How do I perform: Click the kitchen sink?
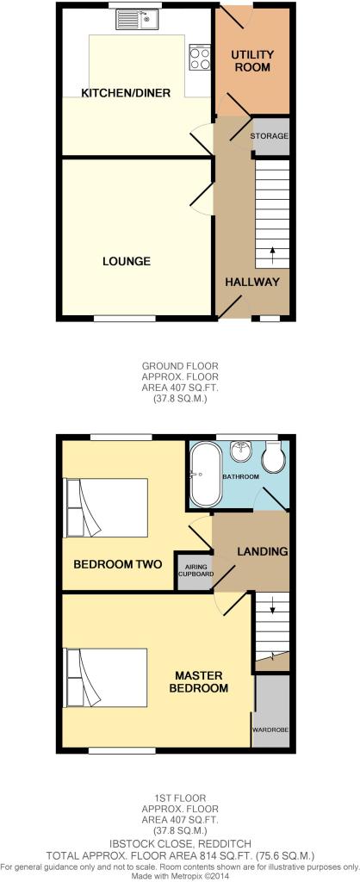[x=139, y=21]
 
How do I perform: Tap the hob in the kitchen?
[x=199, y=58]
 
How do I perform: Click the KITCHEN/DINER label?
[x=126, y=93]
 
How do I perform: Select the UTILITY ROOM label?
[x=252, y=61]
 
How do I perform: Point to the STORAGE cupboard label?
[x=270, y=136]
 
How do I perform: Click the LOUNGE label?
[x=127, y=261]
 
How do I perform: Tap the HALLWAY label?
[x=252, y=283]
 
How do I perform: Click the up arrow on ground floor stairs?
[x=273, y=254]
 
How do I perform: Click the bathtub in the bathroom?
[x=207, y=474]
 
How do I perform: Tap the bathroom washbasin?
[x=242, y=448]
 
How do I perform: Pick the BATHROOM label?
[x=241, y=477]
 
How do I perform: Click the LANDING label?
[x=262, y=552]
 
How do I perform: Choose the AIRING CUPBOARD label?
[x=196, y=571]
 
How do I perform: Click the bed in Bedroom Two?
[x=107, y=507]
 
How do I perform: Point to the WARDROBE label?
[x=270, y=730]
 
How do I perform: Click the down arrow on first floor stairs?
[x=273, y=606]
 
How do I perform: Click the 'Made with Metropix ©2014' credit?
[x=180, y=876]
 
